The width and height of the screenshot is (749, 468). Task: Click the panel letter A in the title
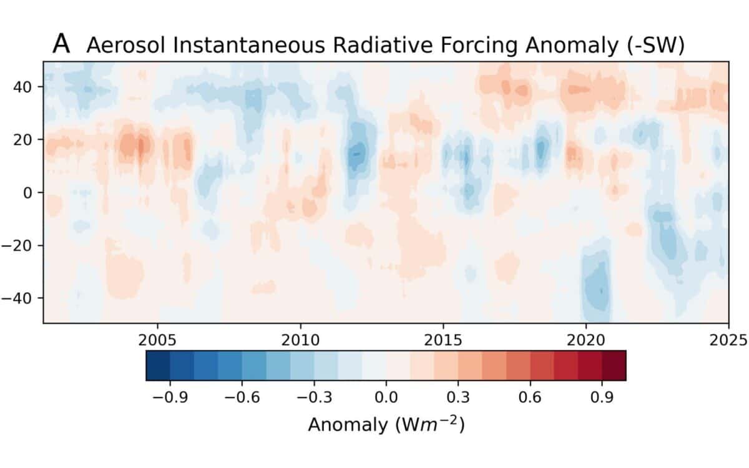(x=62, y=43)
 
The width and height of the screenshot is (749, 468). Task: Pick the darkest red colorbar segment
(x=614, y=365)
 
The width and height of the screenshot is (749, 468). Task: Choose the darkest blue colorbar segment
(x=158, y=365)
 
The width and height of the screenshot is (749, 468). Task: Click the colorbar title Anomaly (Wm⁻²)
(x=386, y=425)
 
